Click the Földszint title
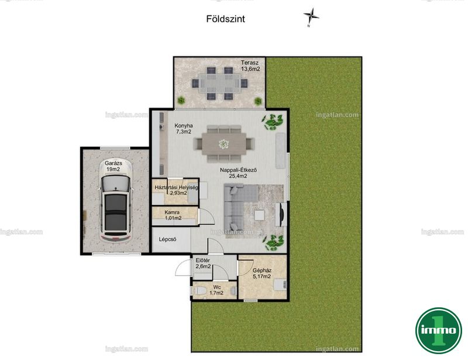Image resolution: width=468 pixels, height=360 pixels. point(225,19)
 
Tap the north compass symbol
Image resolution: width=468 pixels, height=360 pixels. point(311,16)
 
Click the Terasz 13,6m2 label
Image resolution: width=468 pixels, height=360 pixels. point(250,66)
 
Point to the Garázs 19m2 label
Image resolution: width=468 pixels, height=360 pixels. point(113,166)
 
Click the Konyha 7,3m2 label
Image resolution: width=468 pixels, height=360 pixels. point(184,128)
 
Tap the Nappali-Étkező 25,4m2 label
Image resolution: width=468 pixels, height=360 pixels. point(238,173)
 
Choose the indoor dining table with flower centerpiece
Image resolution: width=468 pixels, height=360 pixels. point(224,143)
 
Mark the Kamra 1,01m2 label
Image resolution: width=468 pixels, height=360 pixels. point(173,215)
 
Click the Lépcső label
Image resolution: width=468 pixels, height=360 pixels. point(167,239)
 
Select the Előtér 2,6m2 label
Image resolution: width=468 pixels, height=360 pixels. point(203,263)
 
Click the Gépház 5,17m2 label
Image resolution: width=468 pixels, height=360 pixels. point(261,273)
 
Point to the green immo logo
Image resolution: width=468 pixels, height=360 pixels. point(438,330)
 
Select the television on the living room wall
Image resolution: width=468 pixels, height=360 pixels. point(281,214)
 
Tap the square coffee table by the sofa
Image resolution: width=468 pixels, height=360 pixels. point(259,215)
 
